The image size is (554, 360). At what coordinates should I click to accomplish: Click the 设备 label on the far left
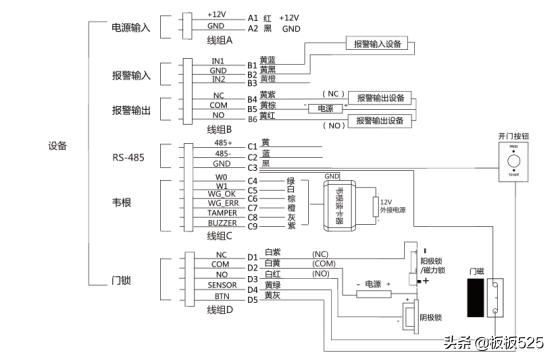coord(57,146)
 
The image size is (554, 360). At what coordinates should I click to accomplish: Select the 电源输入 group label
coord(131,27)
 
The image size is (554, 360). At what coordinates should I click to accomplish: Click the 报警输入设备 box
coord(378,44)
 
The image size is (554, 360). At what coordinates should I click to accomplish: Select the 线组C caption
coord(218,237)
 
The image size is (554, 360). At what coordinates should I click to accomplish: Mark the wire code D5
coord(253,297)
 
